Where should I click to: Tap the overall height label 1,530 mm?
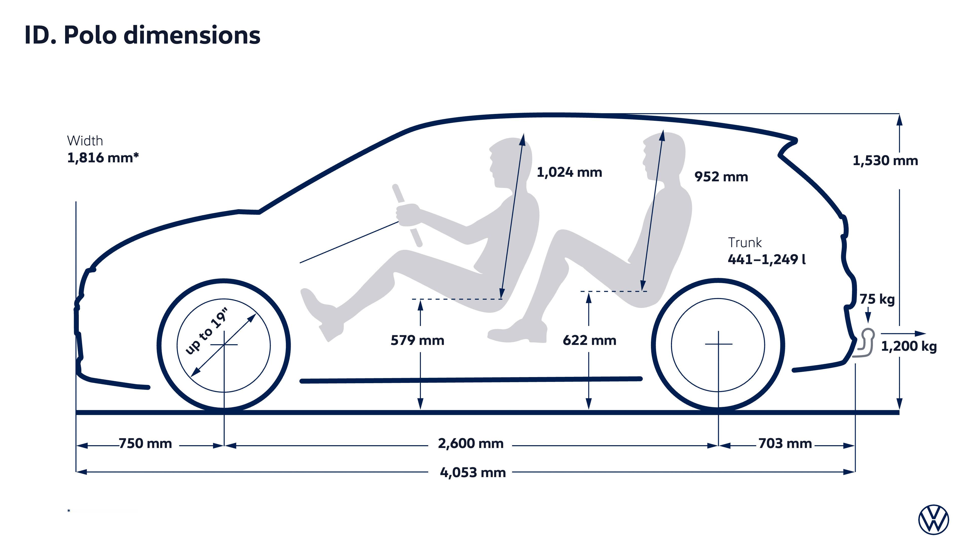885,161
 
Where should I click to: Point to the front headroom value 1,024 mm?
569,172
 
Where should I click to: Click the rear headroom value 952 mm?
721,177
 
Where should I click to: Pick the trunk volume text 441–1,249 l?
766,259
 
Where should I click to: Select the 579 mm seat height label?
417,341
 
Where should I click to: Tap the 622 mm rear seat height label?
589,341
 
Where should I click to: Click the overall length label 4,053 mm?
473,472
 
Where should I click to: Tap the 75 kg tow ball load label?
877,299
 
